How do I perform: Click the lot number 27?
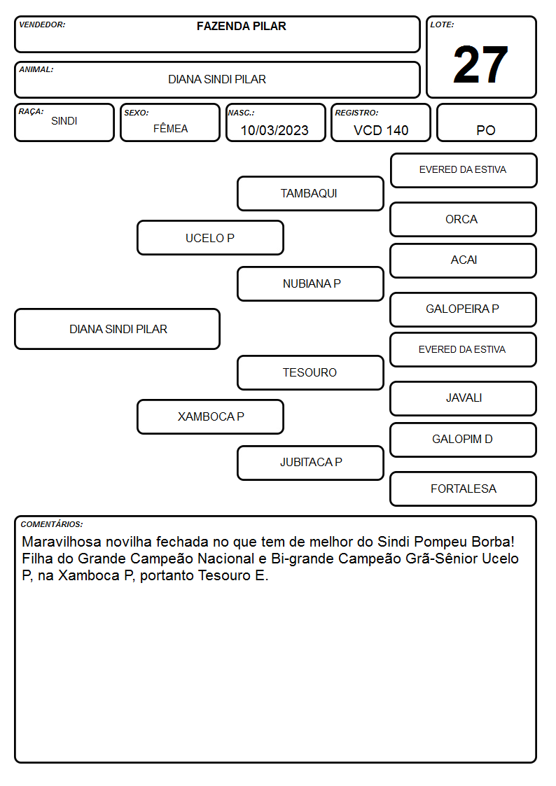480,64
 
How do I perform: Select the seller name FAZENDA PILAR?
241,26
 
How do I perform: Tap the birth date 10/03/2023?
274,130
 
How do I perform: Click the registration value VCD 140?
381,130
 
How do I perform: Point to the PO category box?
486,122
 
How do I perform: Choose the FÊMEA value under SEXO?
170,129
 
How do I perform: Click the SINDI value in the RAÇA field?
64,121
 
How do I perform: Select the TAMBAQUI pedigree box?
310,193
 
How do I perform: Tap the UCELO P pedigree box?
210,238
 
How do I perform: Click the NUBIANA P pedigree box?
310,283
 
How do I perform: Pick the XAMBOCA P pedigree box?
210,416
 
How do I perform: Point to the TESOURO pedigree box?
310,372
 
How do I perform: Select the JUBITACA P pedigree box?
310,463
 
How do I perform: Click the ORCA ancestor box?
464,220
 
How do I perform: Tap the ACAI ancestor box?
464,260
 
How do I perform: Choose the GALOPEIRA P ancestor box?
464,309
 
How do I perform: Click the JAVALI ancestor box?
464,398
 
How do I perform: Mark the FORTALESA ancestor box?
464,489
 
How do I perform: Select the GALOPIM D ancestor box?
464,440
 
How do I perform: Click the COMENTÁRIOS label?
52,524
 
